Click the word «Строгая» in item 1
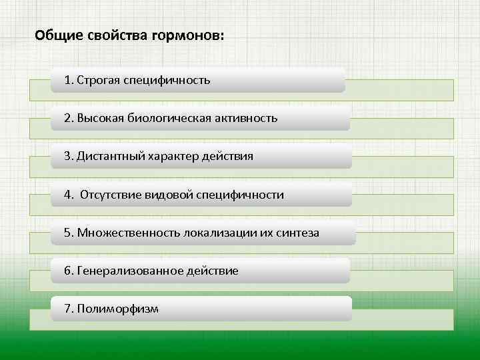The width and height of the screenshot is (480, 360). point(98,80)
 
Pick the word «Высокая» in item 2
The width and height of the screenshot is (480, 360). point(99,118)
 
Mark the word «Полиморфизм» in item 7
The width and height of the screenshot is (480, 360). point(118,309)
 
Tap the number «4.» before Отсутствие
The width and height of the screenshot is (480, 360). point(69,195)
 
